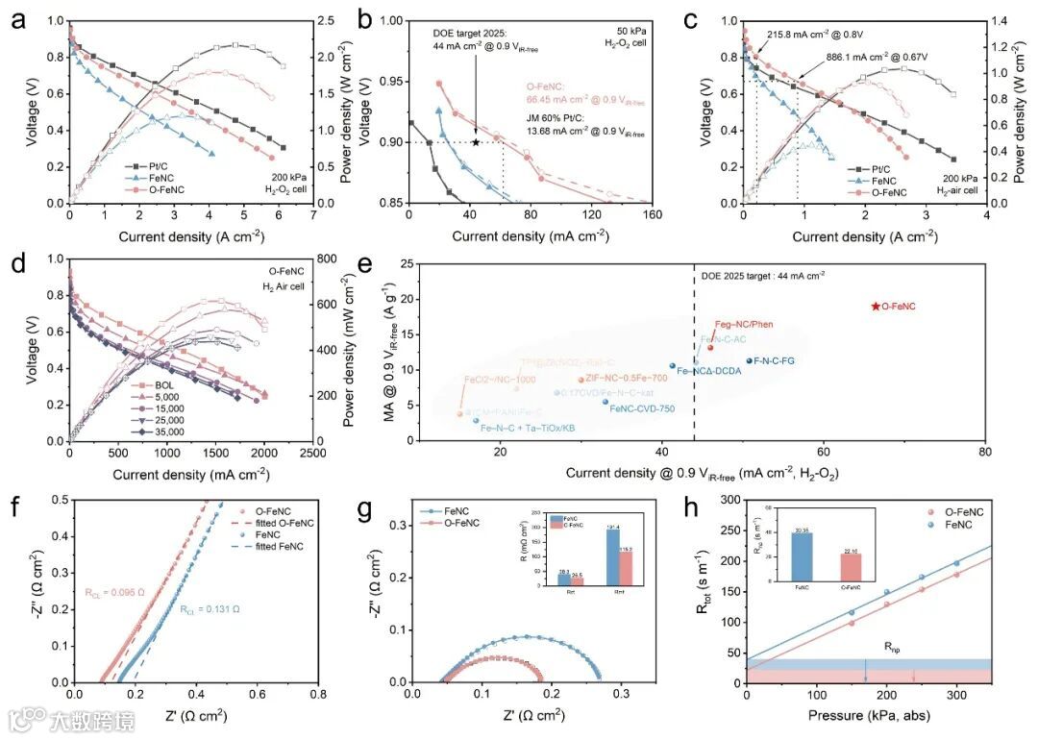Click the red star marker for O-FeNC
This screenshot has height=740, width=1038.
pyautogui.click(x=875, y=306)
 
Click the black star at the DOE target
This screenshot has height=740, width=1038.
pyautogui.click(x=475, y=142)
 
